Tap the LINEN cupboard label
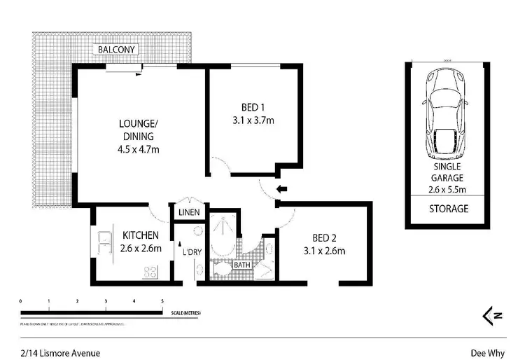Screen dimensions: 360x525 point(189,212)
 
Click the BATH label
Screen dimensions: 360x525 point(242,265)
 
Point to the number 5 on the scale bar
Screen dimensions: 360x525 point(162,300)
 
